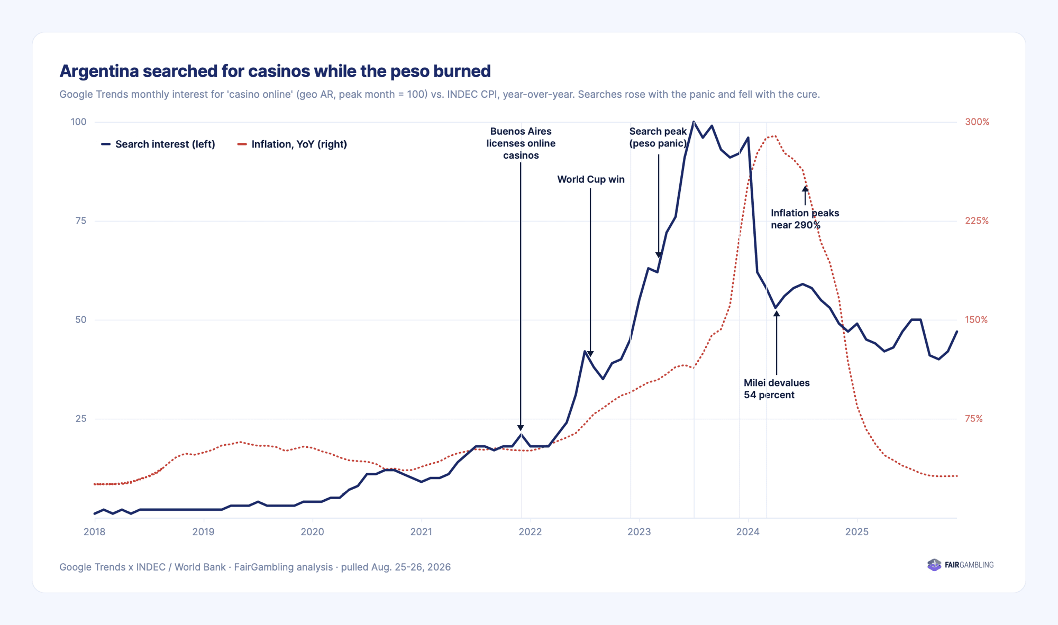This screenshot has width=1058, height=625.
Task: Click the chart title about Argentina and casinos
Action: click(275, 71)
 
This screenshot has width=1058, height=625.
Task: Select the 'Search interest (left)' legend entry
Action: click(158, 144)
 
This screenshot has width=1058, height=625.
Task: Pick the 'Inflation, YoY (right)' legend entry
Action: click(293, 144)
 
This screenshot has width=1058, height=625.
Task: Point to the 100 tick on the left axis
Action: click(78, 122)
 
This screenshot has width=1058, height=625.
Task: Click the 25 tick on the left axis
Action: click(80, 419)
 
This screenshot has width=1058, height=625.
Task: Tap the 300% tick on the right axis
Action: click(977, 122)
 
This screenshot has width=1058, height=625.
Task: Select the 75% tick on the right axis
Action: click(974, 419)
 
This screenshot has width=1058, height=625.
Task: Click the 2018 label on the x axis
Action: click(95, 532)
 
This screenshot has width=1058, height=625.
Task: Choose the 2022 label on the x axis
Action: click(530, 532)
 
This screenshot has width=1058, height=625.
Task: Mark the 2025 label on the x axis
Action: click(857, 532)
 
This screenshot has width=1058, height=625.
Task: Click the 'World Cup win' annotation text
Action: click(591, 179)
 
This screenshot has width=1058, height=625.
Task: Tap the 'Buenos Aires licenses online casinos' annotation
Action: click(521, 143)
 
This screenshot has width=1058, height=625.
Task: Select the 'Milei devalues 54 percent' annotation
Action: click(777, 389)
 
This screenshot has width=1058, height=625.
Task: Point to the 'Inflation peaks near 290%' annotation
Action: click(805, 219)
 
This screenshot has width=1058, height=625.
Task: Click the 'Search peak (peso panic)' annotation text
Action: click(658, 137)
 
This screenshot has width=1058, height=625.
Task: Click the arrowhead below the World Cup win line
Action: click(590, 354)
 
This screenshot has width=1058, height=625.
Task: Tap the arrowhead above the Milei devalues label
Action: click(777, 314)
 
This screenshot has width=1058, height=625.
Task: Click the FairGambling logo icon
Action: click(934, 565)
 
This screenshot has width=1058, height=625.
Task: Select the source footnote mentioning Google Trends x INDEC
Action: click(255, 567)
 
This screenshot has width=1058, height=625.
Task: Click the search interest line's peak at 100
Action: click(694, 122)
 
